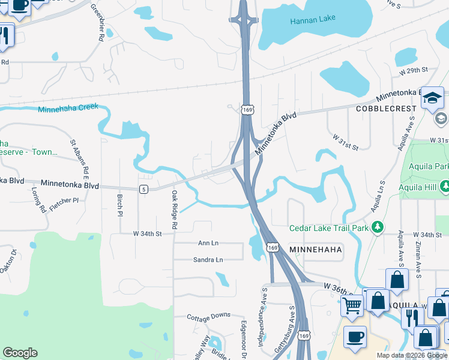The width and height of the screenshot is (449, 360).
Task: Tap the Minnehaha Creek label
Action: tap(67, 110)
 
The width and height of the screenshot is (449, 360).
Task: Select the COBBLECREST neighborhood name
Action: tap(386, 109)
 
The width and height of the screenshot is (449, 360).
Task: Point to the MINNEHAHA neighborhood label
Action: tap(315, 249)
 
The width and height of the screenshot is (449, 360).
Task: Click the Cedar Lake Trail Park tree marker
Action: tap(378, 227)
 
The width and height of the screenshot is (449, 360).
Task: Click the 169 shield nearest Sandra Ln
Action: tap(273, 247)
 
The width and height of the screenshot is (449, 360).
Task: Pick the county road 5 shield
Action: tap(143, 190)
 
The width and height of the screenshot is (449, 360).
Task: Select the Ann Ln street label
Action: tap(208, 243)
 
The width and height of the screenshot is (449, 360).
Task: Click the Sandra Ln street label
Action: tap(208, 260)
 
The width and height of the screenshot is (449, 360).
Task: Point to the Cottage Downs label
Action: tap(208, 316)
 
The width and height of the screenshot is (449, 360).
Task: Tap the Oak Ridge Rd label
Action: tap(175, 210)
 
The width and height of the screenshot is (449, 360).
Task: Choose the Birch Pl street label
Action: tap(120, 205)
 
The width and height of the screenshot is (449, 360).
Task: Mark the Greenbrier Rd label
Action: tap(97, 22)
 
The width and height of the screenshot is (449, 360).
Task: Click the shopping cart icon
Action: tap(352, 305)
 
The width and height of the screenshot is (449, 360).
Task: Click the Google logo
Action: tap(20, 353)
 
